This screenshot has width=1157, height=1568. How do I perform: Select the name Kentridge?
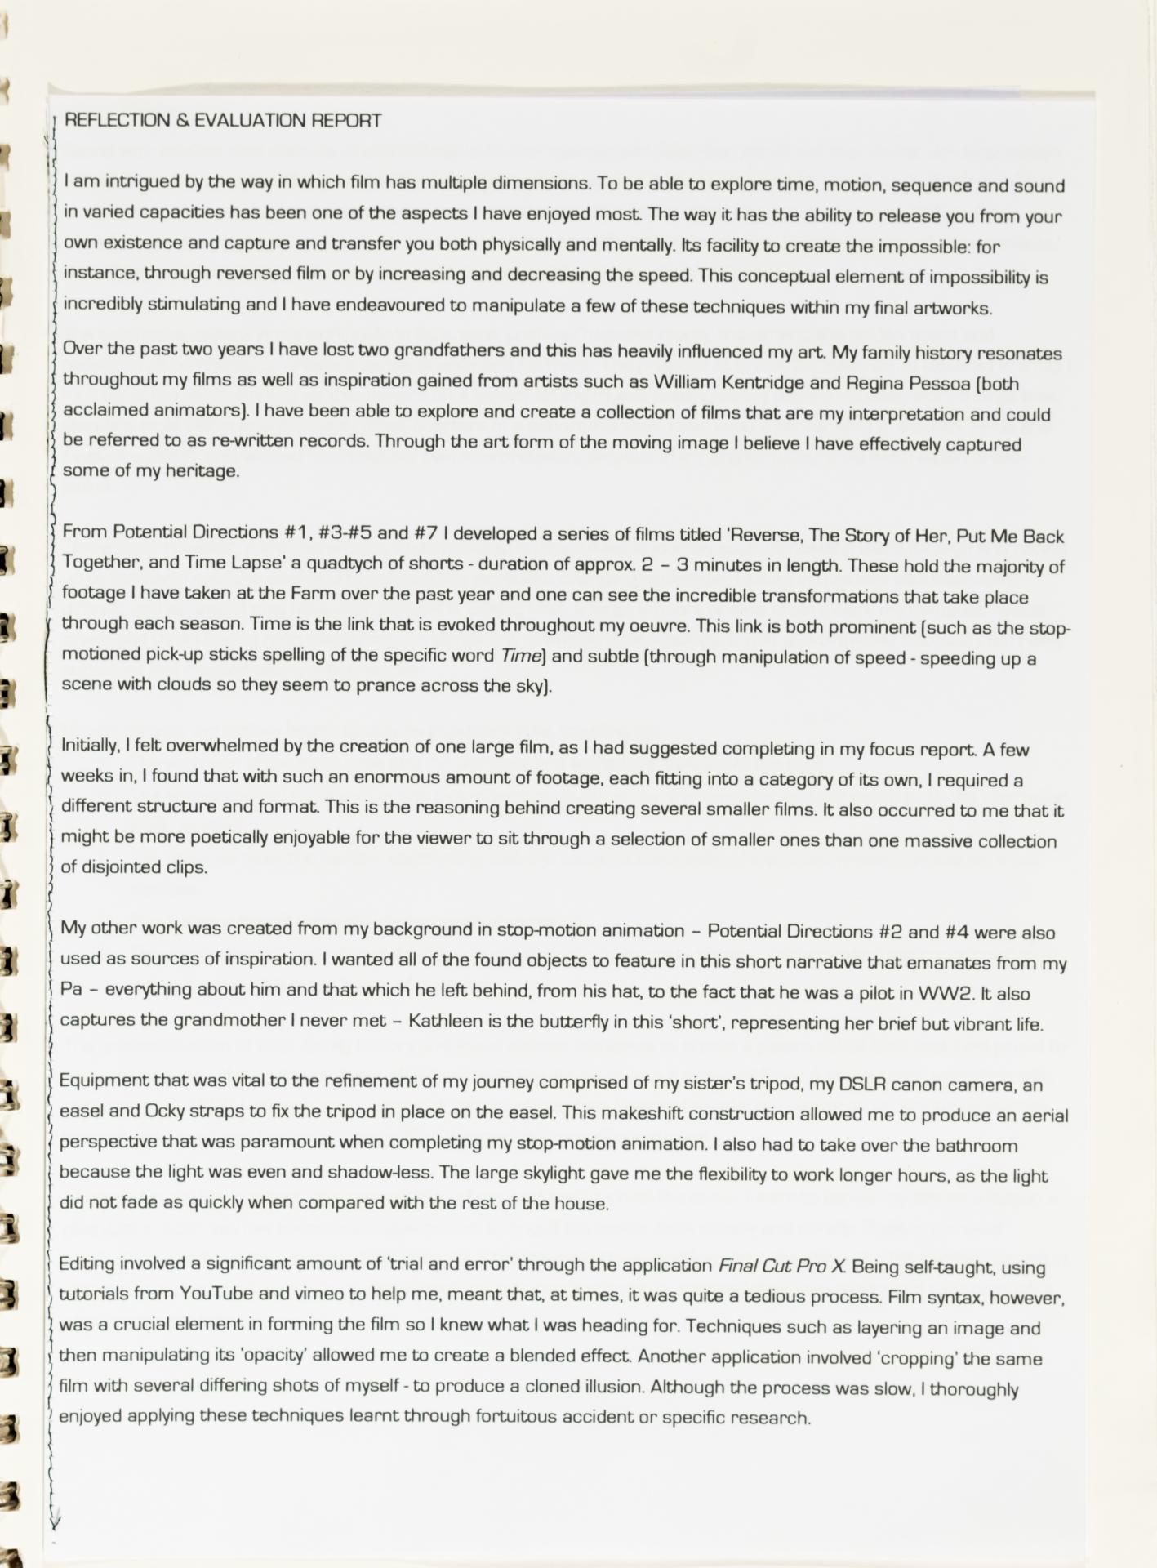[x=756, y=383]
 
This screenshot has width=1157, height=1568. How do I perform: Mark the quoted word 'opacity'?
[x=266, y=1356]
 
